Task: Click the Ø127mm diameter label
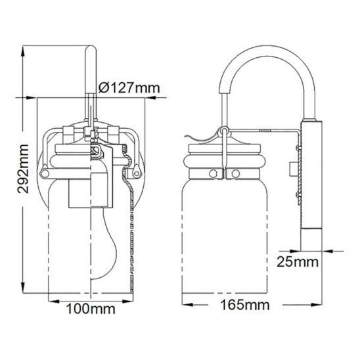point(129,87)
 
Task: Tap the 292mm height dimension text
point(24,169)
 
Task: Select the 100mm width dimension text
point(91,309)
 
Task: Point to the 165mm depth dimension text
point(245,305)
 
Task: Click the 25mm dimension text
point(298,261)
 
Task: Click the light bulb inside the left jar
point(104,243)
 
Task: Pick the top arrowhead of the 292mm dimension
point(23,51)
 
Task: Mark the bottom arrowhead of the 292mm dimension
point(23,288)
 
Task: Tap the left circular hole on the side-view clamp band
point(213,173)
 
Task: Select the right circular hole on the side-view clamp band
point(236,173)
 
